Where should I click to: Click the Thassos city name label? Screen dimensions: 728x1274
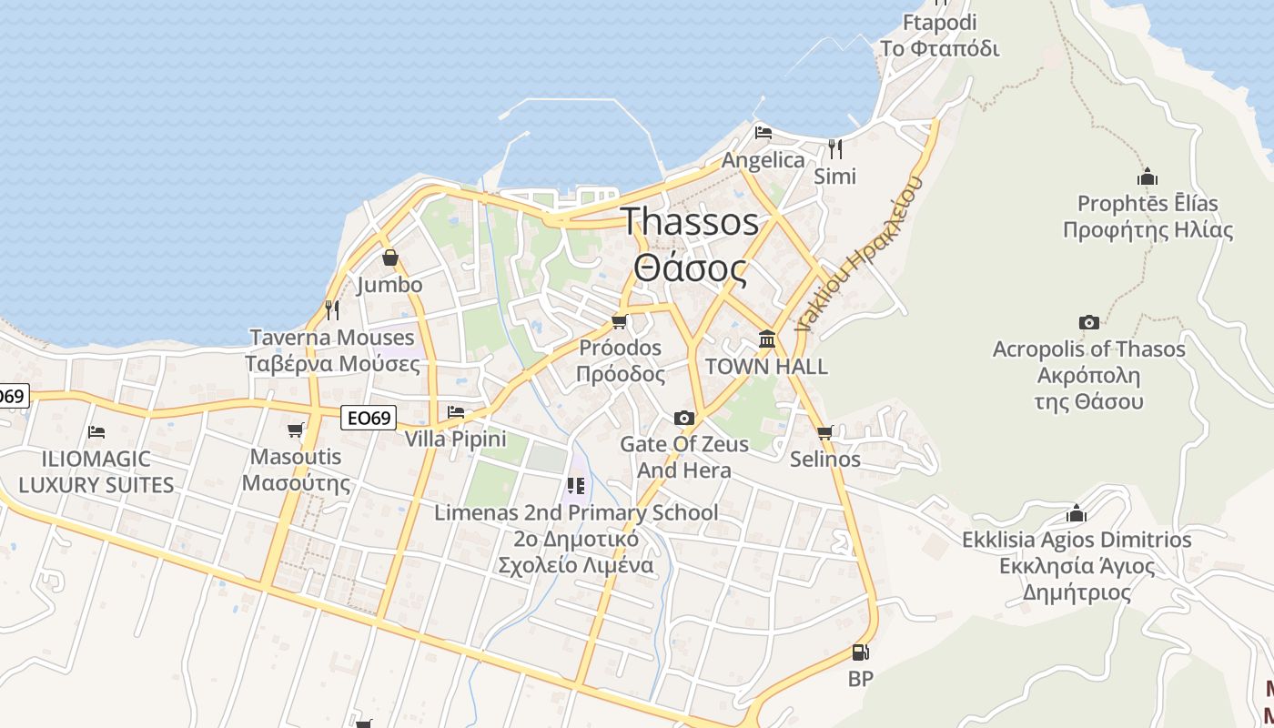pyautogui.click(x=690, y=221)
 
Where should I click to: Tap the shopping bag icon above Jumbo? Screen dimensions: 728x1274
pyautogui.click(x=390, y=258)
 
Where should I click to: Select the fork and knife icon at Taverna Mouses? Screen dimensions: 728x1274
pyautogui.click(x=332, y=310)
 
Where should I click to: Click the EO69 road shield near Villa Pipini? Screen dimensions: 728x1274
pyautogui.click(x=369, y=419)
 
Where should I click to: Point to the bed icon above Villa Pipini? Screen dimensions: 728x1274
pyautogui.click(x=455, y=413)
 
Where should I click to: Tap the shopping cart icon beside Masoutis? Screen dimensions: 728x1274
pyautogui.click(x=295, y=430)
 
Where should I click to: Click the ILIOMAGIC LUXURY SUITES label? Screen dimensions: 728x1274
pyautogui.click(x=96, y=471)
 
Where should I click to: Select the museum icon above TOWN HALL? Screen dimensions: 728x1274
pyautogui.click(x=767, y=339)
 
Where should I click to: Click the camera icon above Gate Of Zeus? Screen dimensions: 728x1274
pyautogui.click(x=683, y=418)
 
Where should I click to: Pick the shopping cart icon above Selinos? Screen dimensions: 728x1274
pyautogui.click(x=824, y=432)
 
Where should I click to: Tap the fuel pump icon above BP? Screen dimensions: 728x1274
pyautogui.click(x=860, y=652)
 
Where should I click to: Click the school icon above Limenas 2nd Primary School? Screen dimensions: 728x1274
pyautogui.click(x=575, y=485)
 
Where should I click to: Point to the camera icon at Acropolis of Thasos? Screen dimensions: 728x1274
pyautogui.click(x=1088, y=322)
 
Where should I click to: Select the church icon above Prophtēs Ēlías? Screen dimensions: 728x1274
pyautogui.click(x=1147, y=177)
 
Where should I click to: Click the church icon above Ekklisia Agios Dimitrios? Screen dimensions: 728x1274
pyautogui.click(x=1077, y=513)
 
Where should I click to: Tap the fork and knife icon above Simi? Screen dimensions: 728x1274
pyautogui.click(x=834, y=148)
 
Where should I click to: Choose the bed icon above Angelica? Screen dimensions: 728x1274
pyautogui.click(x=763, y=133)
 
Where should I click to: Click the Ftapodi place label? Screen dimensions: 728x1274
pyautogui.click(x=940, y=22)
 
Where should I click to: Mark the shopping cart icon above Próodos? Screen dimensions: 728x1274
pyautogui.click(x=620, y=321)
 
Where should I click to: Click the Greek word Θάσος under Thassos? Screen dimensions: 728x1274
pyautogui.click(x=690, y=269)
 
